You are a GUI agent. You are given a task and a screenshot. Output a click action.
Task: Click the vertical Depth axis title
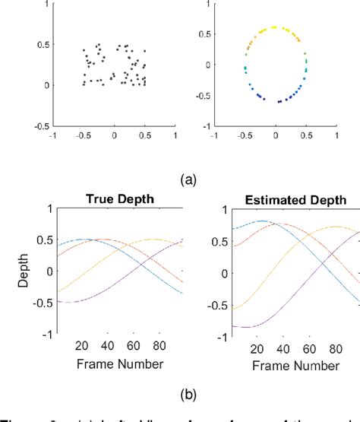(25, 271)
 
